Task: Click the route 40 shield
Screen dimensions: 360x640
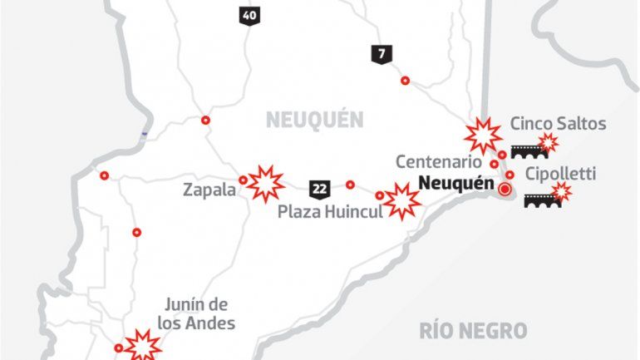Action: tap(248, 15)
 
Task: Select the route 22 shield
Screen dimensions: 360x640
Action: tap(319, 187)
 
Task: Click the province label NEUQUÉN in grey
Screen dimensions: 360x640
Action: tap(315, 121)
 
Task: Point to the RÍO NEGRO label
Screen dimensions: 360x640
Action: tap(474, 331)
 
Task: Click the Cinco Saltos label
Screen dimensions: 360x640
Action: tap(558, 124)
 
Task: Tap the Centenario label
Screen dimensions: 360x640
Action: tap(438, 161)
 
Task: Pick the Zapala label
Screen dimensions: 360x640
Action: tap(208, 190)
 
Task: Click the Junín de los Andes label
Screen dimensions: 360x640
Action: tap(197, 314)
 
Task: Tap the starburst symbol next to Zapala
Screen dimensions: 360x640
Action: tap(266, 183)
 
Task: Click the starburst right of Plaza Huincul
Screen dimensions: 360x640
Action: tap(401, 200)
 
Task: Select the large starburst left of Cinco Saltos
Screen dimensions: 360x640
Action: tap(483, 134)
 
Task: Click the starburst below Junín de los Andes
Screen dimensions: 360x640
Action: tap(143, 344)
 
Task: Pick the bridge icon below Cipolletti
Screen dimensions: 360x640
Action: tap(544, 200)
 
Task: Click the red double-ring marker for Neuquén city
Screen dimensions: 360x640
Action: tap(504, 190)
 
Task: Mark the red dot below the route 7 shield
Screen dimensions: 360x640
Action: tap(406, 81)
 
